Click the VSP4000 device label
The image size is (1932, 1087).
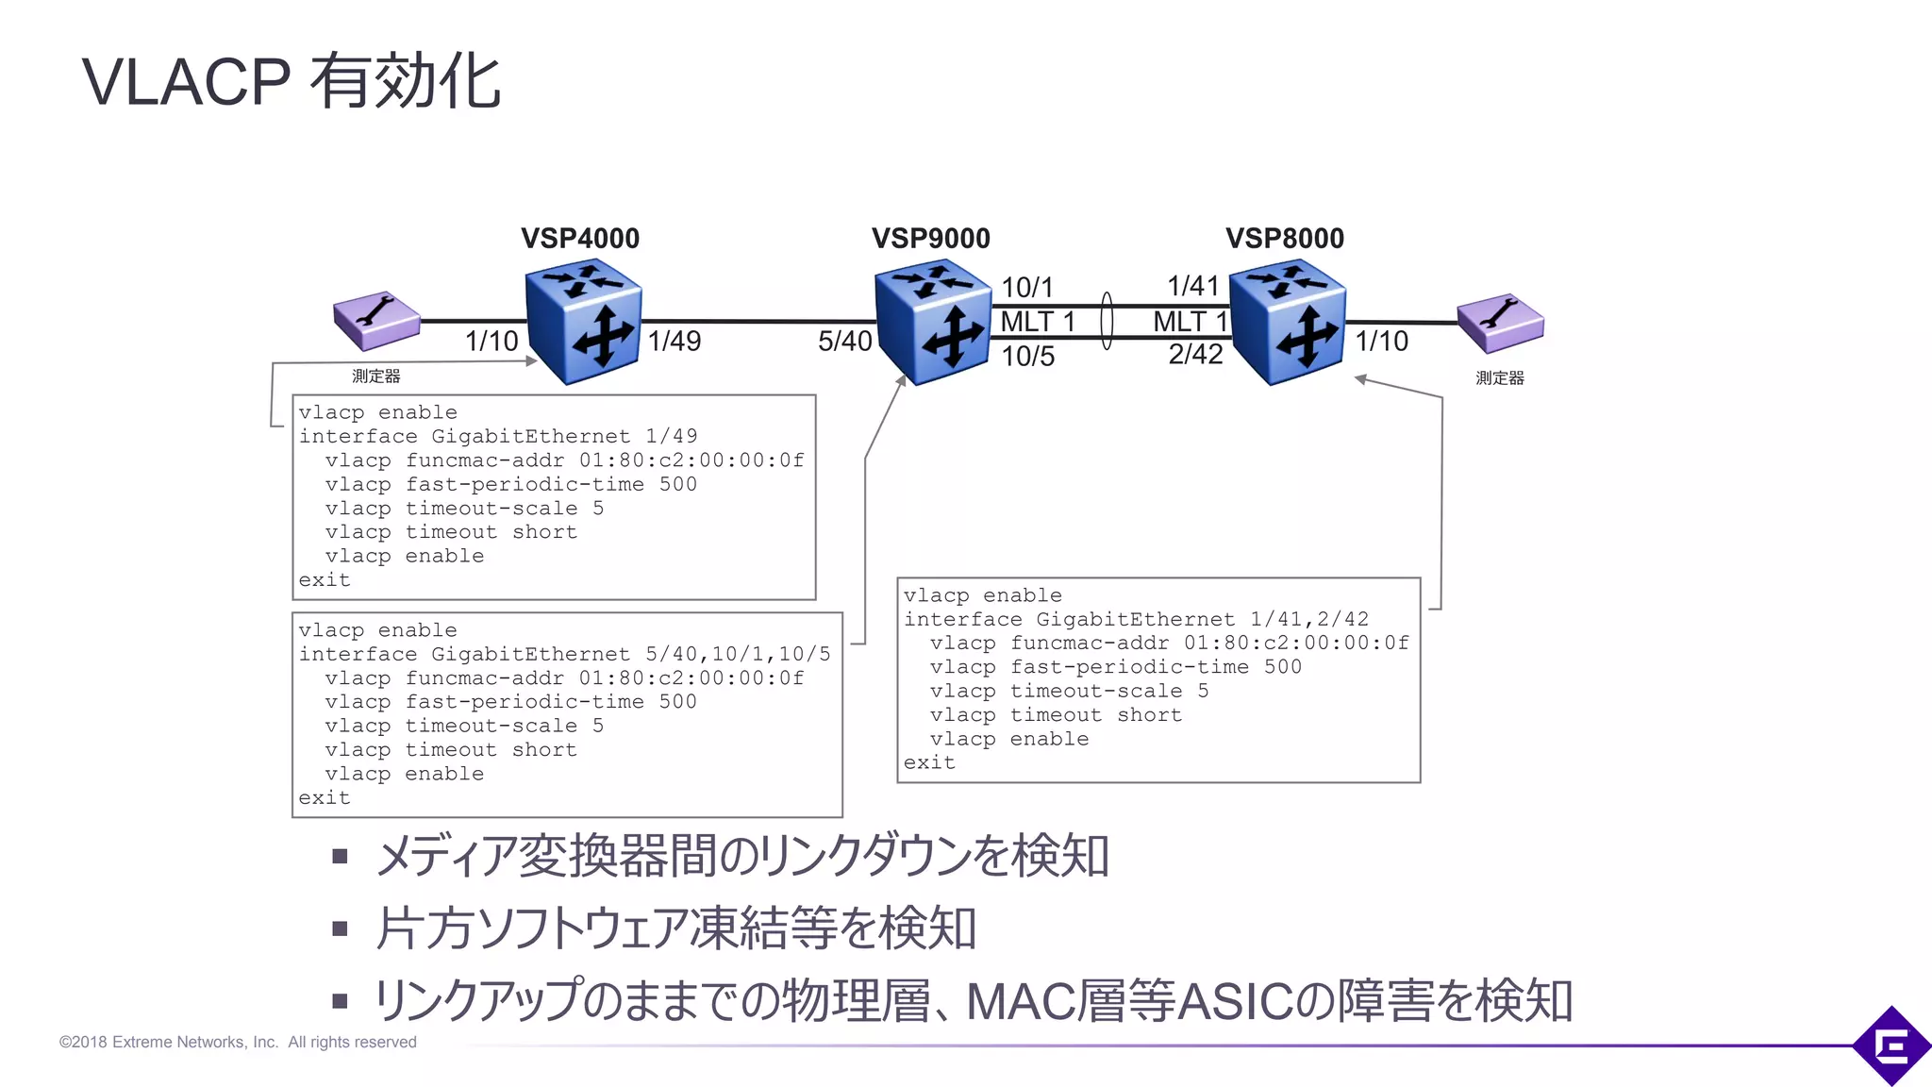[580, 238]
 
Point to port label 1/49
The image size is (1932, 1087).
[675, 341]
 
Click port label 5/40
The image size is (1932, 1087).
[844, 341]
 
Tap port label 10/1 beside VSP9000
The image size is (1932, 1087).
[1026, 287]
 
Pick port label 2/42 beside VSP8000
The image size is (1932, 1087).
[1195, 354]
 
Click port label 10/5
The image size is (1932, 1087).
[1027, 356]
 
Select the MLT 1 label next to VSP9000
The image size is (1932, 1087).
[1038, 322]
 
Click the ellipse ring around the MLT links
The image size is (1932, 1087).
[1108, 321]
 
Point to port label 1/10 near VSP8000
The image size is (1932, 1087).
[1381, 341]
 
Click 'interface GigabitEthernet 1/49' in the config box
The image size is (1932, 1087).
[498, 436]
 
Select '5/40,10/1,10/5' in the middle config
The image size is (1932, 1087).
[738, 654]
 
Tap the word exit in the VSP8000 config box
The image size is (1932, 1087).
[929, 762]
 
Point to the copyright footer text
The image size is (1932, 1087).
[238, 1042]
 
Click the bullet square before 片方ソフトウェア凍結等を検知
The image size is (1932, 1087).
[341, 929]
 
